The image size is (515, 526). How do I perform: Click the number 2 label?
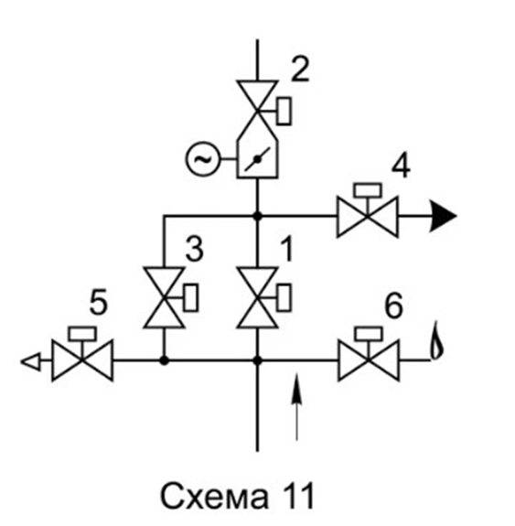300,69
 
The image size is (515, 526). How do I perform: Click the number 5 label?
98,302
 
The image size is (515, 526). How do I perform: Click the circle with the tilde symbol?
202,159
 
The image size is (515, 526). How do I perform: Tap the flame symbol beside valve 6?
436,340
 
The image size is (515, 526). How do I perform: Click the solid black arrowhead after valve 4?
443,216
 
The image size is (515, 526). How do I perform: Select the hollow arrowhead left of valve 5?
31,361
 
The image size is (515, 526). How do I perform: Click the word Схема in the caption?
214,497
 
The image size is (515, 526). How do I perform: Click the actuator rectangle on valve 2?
284,111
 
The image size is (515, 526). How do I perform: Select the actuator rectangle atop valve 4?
368,190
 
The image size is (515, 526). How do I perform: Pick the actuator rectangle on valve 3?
191,297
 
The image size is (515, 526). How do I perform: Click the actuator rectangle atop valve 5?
82,334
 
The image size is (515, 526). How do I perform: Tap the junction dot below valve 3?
164,360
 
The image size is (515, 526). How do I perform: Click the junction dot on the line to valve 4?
257,216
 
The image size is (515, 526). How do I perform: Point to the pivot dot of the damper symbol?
257,159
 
